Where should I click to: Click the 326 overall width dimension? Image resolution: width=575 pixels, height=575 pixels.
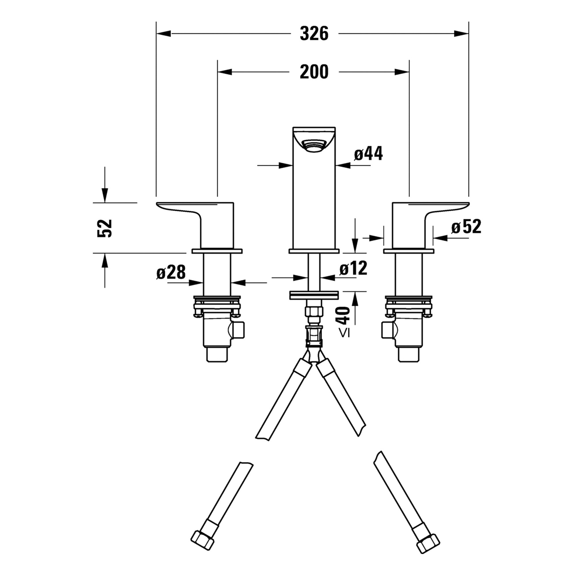[314, 33]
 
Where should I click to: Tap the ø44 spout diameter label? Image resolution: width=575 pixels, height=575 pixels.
[368, 154]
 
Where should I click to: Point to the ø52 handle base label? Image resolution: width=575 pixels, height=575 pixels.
[466, 227]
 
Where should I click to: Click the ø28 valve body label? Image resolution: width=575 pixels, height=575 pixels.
[171, 272]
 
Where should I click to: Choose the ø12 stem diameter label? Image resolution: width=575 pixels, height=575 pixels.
[353, 268]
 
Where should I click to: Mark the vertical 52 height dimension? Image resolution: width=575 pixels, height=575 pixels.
[104, 228]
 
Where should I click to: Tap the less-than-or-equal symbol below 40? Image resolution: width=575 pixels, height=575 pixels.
[344, 333]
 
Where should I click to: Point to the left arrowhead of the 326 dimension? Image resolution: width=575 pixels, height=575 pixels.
[164, 34]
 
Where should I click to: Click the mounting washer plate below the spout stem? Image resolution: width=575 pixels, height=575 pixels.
[314, 295]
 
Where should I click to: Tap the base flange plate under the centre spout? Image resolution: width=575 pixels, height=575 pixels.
[314, 251]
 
